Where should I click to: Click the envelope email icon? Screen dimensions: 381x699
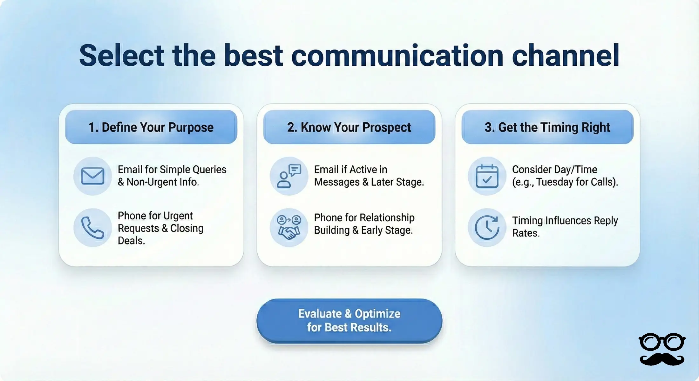click(92, 176)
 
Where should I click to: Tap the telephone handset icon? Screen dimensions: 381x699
click(92, 228)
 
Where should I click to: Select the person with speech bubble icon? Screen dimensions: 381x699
click(289, 176)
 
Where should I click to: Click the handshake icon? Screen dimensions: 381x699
click(289, 228)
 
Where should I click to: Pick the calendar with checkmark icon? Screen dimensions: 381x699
click(487, 176)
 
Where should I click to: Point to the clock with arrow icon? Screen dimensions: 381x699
click(487, 228)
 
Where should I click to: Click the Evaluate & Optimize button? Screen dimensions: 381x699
click(349, 321)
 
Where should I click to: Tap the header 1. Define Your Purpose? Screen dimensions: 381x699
click(151, 127)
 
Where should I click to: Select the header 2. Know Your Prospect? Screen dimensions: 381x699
click(349, 127)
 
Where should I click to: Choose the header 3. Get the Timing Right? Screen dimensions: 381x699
click(547, 127)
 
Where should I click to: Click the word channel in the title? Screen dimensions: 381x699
click(566, 56)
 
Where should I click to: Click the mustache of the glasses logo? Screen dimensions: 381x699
click(662, 359)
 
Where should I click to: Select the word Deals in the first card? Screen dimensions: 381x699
click(131, 241)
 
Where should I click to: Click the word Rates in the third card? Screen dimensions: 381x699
click(525, 233)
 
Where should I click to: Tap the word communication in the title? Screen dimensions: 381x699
click(397, 56)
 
